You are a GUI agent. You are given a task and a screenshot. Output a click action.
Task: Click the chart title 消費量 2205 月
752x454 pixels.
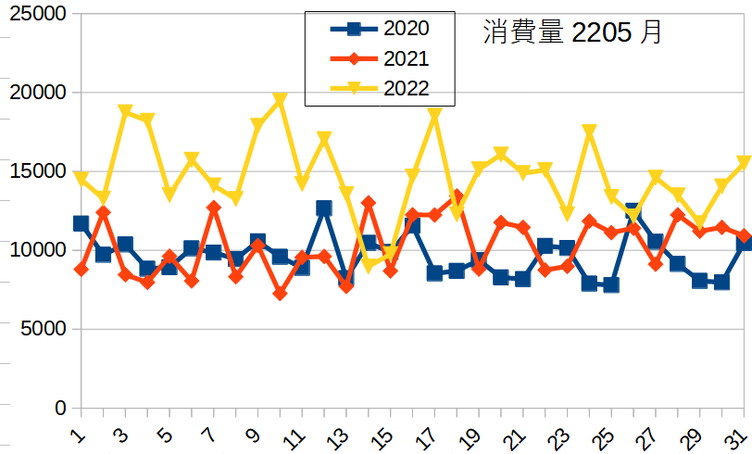click(572, 33)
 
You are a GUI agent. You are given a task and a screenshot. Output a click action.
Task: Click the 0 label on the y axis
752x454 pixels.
click(60, 408)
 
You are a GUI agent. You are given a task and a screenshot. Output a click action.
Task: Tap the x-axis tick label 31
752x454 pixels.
click(738, 435)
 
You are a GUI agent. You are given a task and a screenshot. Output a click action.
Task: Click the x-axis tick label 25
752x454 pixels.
click(605, 435)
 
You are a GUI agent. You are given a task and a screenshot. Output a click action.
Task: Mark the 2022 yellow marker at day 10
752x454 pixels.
click(280, 99)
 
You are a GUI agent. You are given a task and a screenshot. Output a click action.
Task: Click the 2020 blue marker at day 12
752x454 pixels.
click(324, 208)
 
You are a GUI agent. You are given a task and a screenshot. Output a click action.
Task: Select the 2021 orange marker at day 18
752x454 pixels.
click(457, 197)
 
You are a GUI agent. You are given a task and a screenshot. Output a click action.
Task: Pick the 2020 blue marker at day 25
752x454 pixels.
click(611, 284)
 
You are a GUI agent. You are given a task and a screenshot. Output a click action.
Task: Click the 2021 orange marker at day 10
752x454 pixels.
click(280, 294)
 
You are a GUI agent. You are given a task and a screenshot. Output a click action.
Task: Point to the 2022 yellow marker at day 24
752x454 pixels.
click(589, 132)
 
